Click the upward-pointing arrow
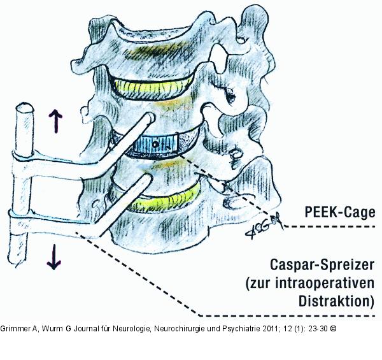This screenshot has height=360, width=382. [55, 121]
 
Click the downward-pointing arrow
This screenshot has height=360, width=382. [54, 257]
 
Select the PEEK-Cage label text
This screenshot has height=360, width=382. [340, 212]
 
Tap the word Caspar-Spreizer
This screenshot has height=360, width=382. [322, 264]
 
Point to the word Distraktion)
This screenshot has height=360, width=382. [336, 301]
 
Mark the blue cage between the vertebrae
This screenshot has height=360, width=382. [155, 145]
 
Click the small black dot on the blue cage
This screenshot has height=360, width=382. [155, 145]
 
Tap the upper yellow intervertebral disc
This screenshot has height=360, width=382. [153, 88]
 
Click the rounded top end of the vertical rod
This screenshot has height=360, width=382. [24, 107]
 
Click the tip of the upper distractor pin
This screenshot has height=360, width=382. [150, 117]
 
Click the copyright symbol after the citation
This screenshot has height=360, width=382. [333, 329]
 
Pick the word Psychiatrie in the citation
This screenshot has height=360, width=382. [241, 329]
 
